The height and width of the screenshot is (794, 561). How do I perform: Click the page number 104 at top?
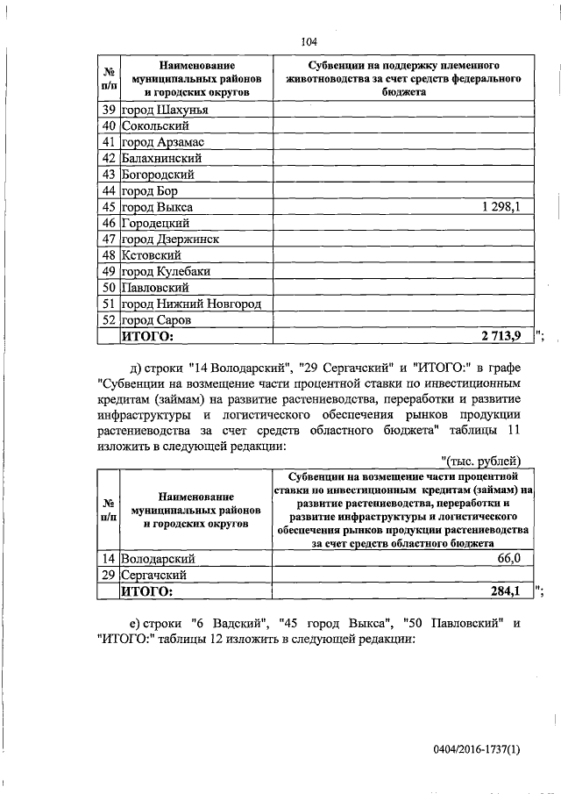click(308, 42)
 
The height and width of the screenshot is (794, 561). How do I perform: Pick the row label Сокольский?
click(155, 126)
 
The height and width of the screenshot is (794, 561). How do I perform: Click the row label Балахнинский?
click(162, 158)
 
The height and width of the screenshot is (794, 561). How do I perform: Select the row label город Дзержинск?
click(170, 239)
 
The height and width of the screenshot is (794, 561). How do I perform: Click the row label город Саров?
click(155, 319)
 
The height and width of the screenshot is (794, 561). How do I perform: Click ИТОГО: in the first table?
click(147, 335)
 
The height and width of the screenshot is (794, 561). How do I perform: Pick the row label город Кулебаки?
click(166, 271)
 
